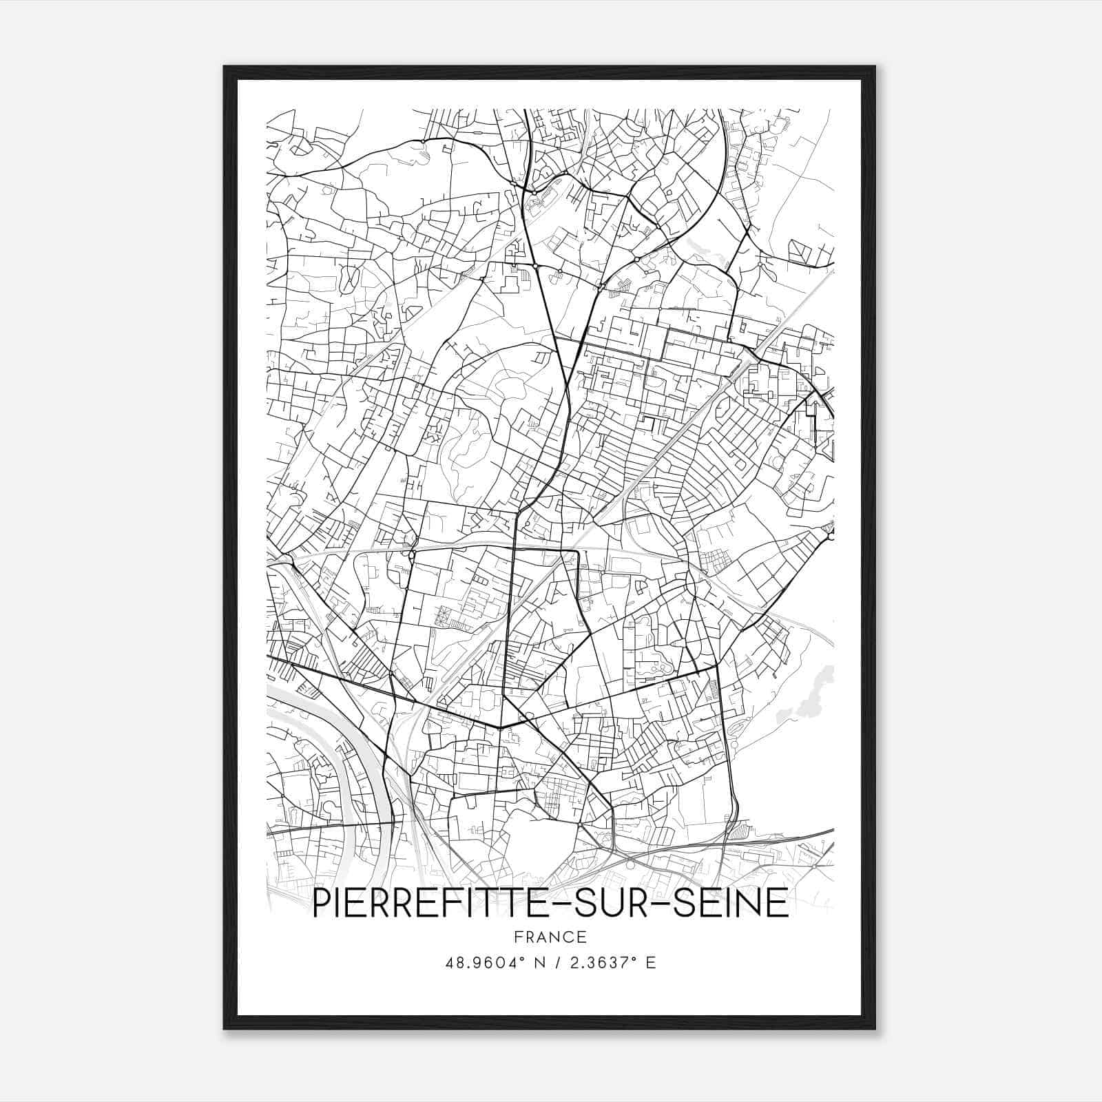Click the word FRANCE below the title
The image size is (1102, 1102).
(x=550, y=937)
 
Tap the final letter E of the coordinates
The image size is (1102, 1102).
(x=651, y=963)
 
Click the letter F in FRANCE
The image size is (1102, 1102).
(x=518, y=937)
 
